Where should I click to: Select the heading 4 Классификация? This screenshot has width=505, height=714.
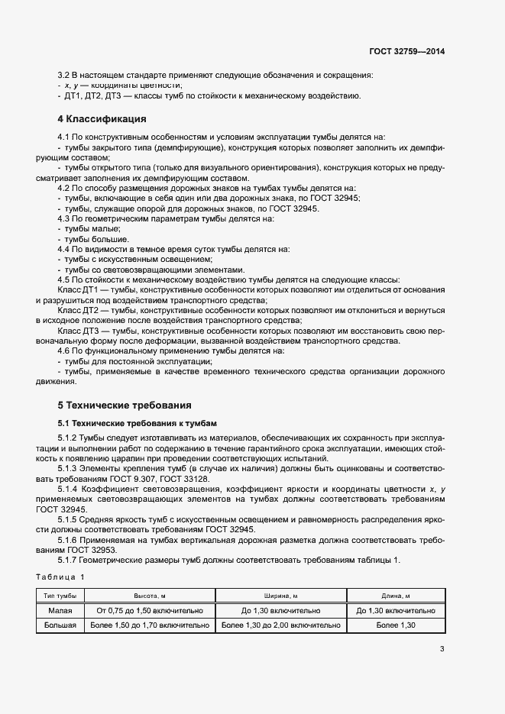point(103,120)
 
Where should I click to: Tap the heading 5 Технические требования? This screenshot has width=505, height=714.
point(125,404)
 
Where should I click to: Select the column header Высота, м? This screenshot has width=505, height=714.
point(149,596)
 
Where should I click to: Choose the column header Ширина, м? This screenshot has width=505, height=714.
point(280,596)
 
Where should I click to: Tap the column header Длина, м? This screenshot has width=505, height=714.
point(396,596)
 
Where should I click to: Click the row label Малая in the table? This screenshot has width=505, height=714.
point(60,610)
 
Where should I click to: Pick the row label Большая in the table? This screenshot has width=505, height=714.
point(60,625)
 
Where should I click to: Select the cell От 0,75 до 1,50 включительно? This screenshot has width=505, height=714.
point(149,610)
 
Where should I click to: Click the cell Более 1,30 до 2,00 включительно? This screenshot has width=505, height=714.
point(280,625)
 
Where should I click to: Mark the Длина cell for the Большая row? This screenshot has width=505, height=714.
point(396,625)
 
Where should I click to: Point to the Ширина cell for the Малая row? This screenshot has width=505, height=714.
point(280,610)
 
